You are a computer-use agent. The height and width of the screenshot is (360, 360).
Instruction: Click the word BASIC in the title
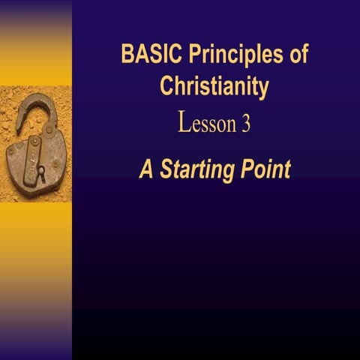pos(145,56)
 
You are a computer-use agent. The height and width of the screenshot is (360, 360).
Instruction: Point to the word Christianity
pos(214,87)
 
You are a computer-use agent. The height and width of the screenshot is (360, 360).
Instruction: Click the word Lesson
pos(206,124)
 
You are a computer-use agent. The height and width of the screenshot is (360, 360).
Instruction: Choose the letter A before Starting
pos(145,169)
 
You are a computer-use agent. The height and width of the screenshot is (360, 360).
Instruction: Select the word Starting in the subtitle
pos(198,170)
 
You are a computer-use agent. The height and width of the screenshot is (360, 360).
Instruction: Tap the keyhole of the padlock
pos(40,172)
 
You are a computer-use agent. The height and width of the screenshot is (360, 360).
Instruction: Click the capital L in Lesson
pos(184,123)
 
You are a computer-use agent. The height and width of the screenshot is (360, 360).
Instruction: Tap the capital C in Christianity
pos(166,87)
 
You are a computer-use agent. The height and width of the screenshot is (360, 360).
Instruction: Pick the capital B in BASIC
pos(127,56)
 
